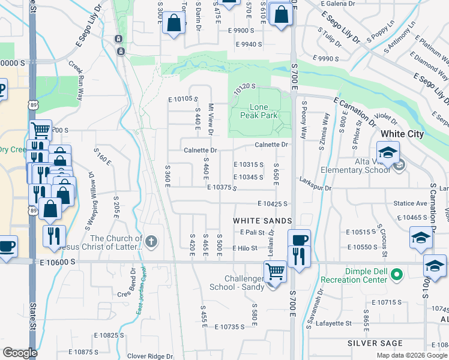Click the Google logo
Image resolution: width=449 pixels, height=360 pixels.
tap(20, 352)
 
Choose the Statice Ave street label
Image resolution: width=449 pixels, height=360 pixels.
tap(410, 204)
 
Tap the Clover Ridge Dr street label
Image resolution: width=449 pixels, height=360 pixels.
tap(149, 356)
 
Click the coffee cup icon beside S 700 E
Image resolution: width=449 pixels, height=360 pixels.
tap(299, 238)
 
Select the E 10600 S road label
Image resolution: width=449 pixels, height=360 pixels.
tap(59, 262)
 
